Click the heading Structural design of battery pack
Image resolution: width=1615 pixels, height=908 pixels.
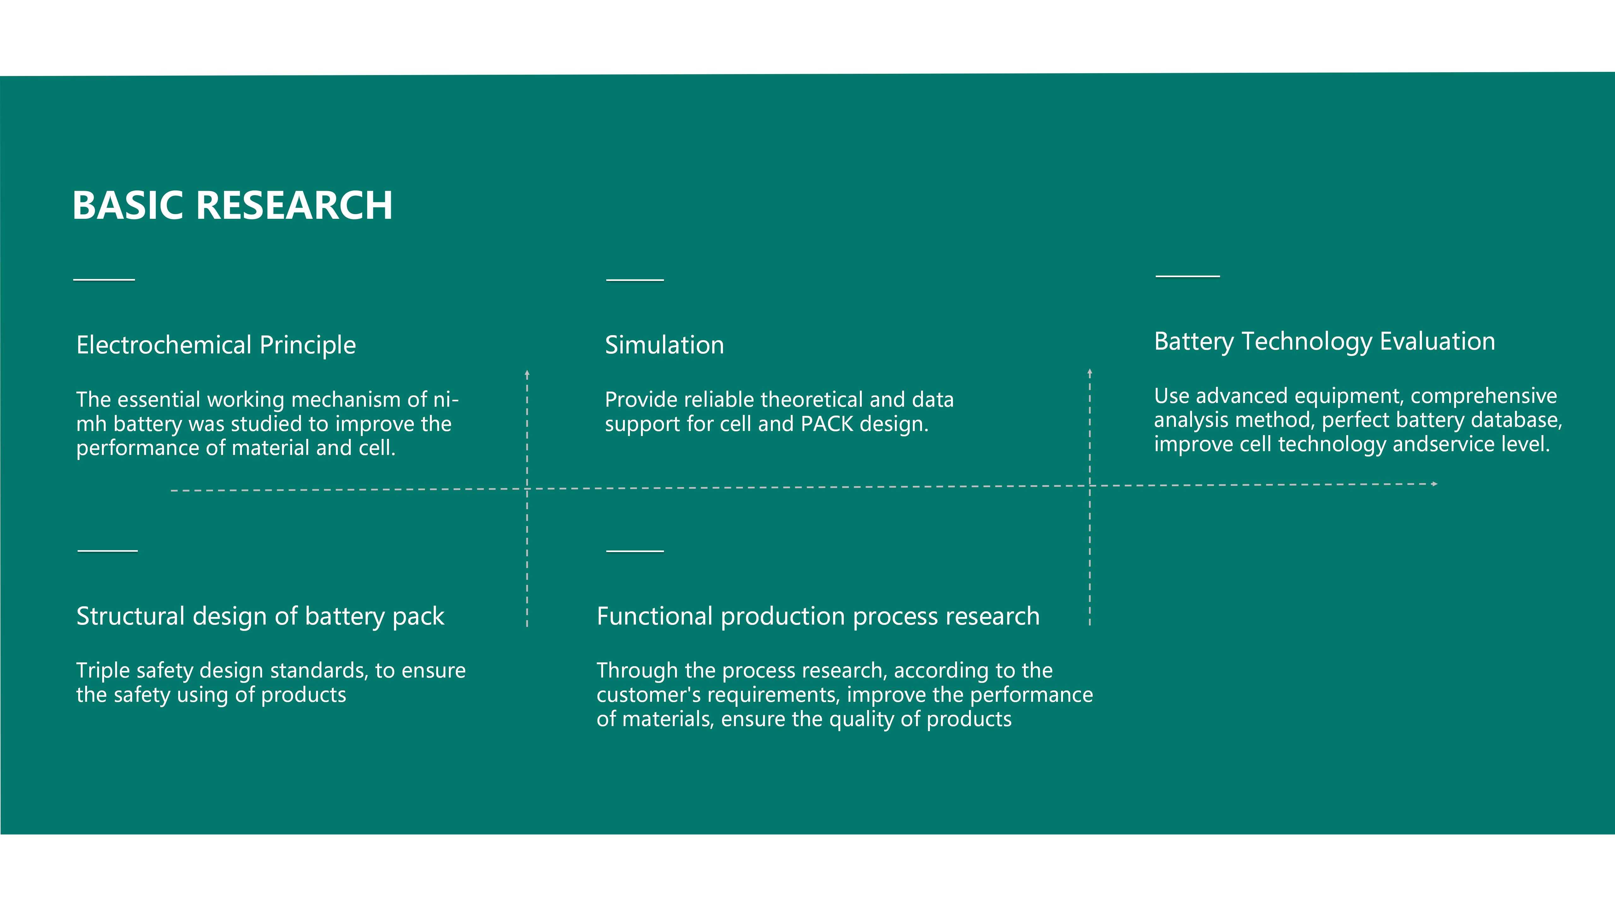[x=260, y=617]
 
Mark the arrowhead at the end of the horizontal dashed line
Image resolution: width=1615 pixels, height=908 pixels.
[x=1435, y=484]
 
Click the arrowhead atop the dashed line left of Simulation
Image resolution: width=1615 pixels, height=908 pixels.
[x=527, y=374]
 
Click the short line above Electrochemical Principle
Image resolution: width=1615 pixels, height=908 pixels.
[x=104, y=279]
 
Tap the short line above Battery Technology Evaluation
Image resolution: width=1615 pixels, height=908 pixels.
[x=1188, y=276]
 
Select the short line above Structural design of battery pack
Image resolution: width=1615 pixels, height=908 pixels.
[x=108, y=551]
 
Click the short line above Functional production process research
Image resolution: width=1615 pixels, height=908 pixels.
[x=635, y=551]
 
